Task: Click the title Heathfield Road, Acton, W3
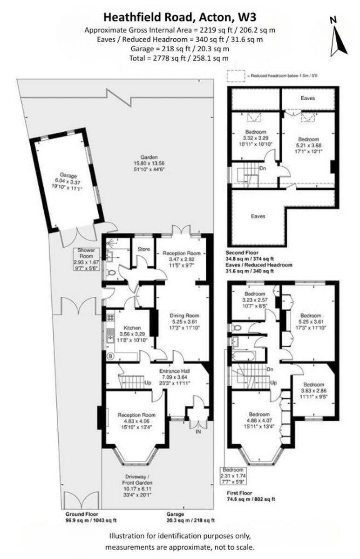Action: pos(179,18)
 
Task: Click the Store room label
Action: pos(143,249)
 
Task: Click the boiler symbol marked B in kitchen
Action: pos(110,357)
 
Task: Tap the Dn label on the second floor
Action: pos(263,169)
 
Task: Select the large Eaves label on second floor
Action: pos(258,216)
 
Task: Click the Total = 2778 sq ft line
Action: pos(179,58)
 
